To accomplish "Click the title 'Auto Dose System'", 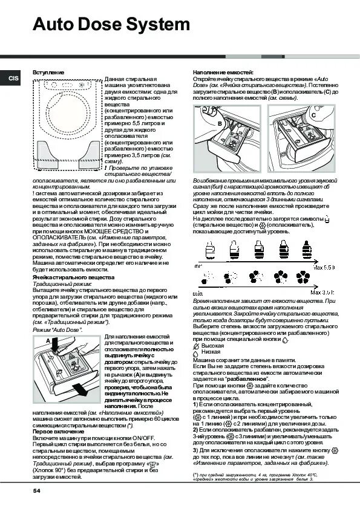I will (x=112, y=25).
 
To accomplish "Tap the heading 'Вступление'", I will (x=48, y=72).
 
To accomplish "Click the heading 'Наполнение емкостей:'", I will (x=223, y=72).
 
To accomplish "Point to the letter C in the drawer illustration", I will (x=313, y=114).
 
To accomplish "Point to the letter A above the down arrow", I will (x=47, y=341).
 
